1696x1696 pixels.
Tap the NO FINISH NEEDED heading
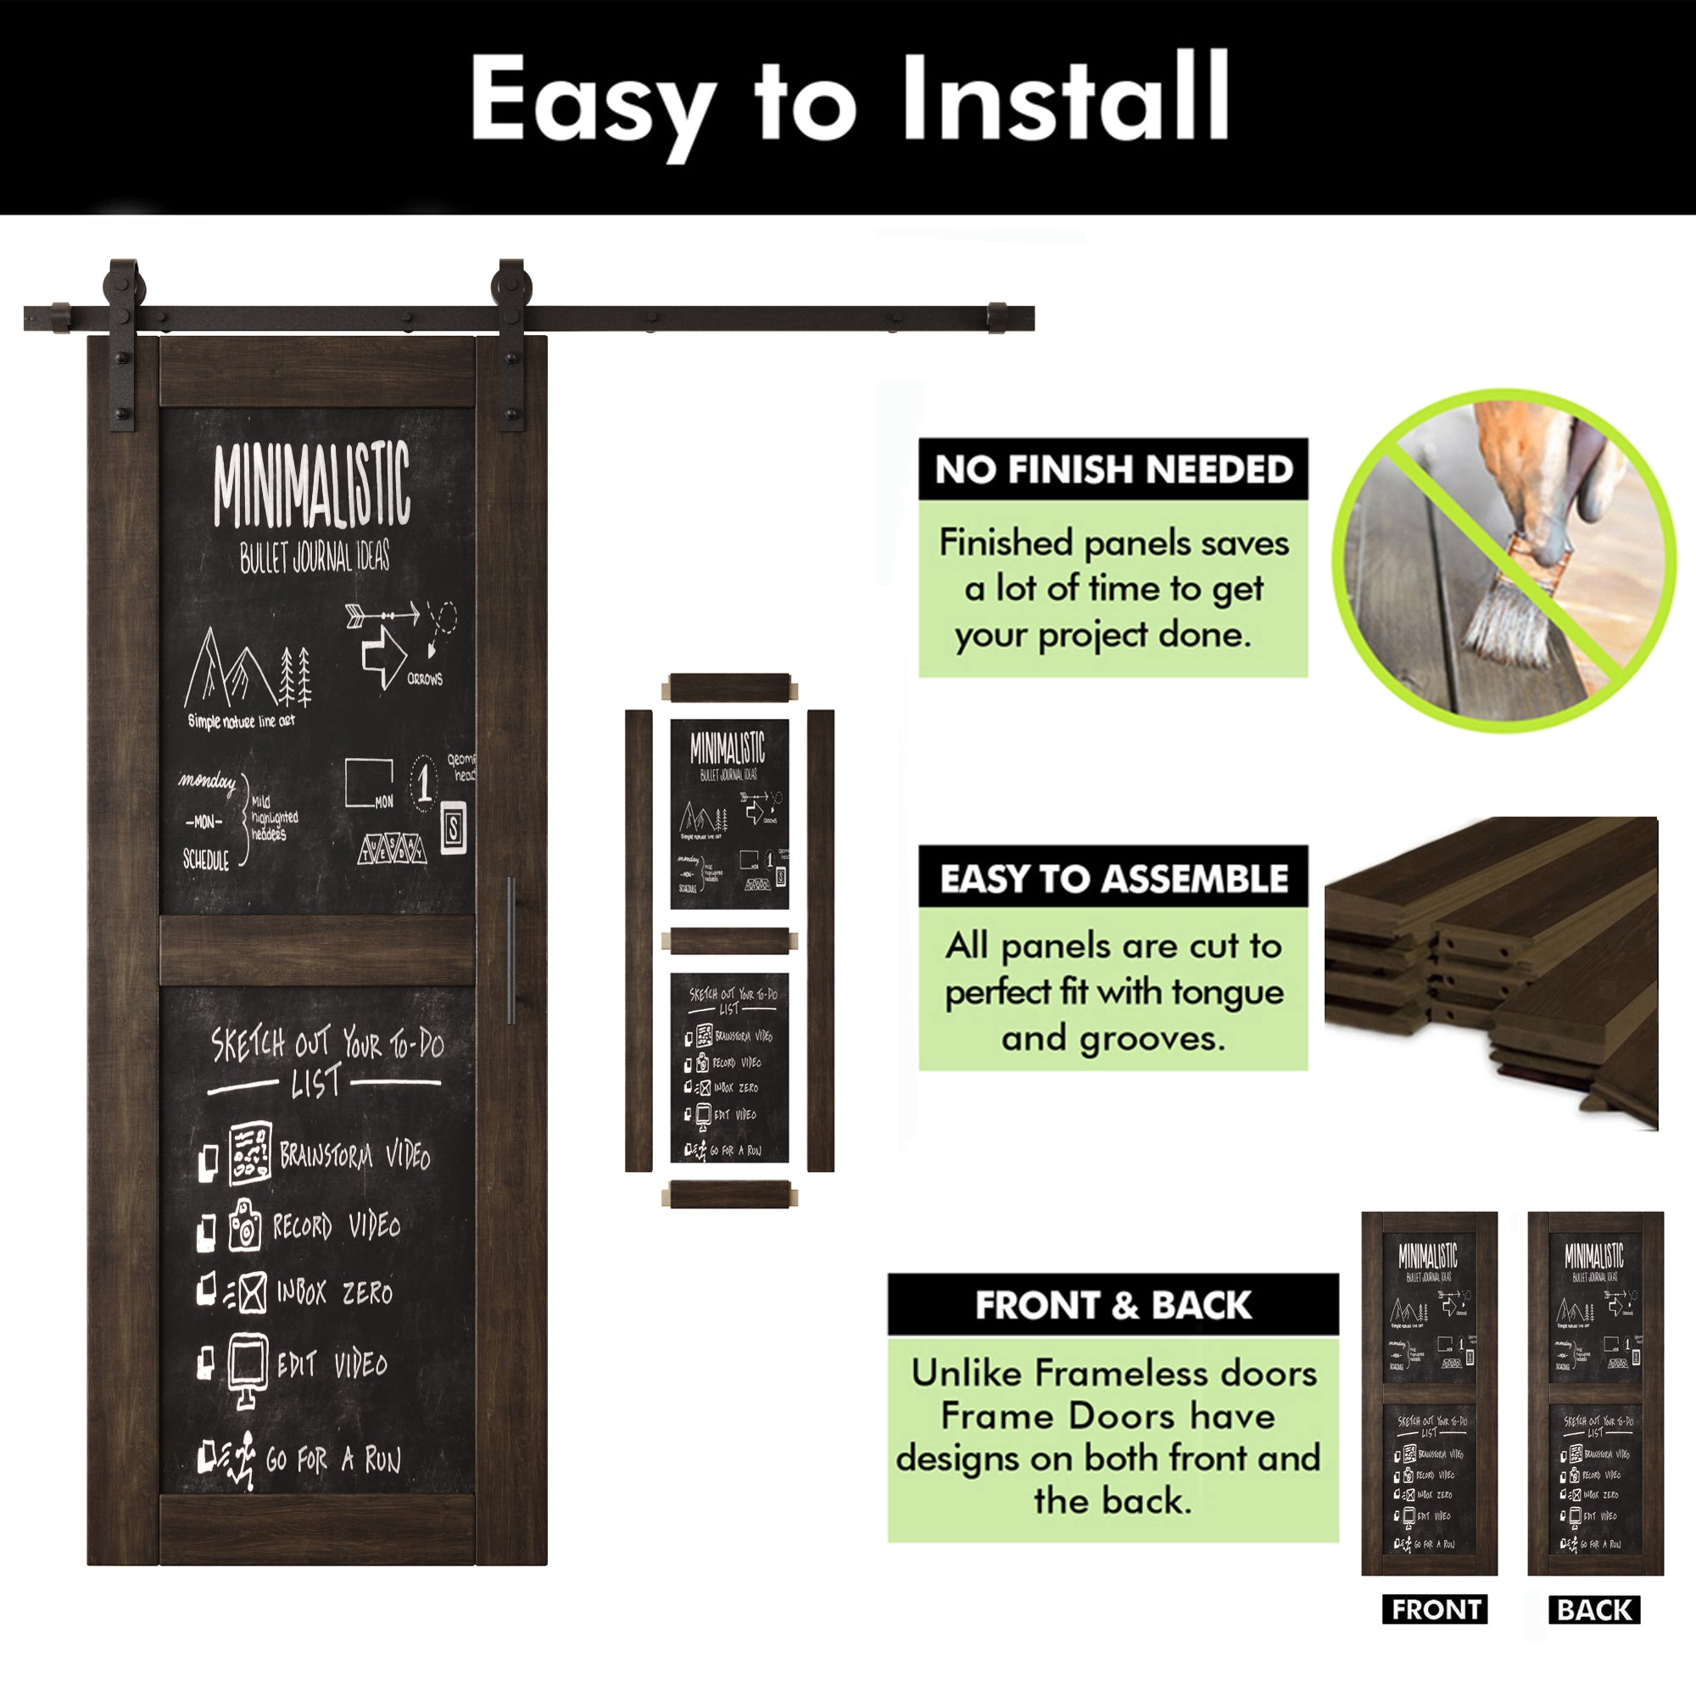tap(1113, 470)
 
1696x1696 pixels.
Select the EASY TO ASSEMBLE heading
tap(1113, 878)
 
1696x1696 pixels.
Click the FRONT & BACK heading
tap(1113, 1305)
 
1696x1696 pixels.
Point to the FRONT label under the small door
tap(1436, 1610)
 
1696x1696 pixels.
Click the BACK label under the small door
tap(1594, 1610)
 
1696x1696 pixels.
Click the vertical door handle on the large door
tap(510, 950)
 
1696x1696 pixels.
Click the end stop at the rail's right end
tap(997, 318)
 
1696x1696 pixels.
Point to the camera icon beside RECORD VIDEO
tap(245, 1225)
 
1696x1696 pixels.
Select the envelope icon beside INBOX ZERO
tap(252, 1293)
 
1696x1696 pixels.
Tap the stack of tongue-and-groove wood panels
tap(1492, 966)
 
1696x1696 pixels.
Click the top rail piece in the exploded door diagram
tap(728, 688)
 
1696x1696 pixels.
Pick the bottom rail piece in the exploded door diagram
tap(728, 1195)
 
